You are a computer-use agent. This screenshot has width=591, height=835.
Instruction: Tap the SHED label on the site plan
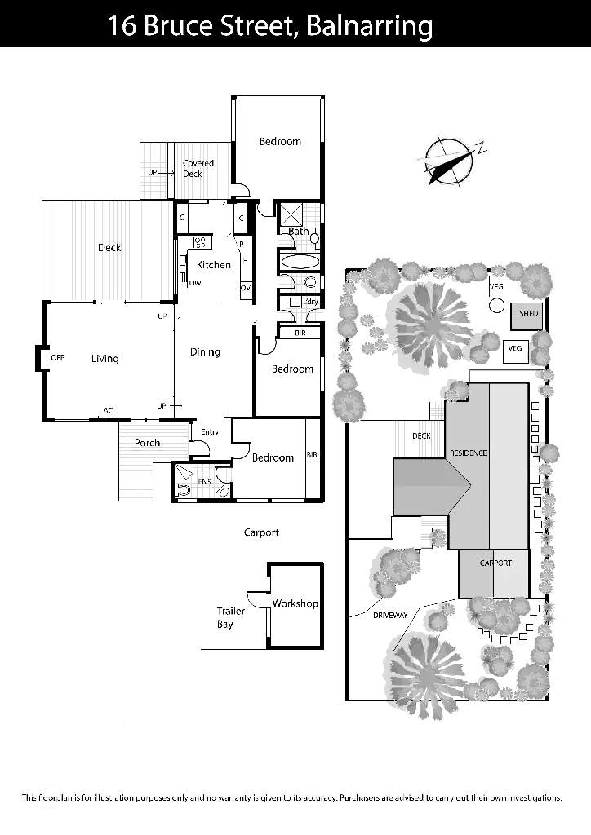pyautogui.click(x=528, y=314)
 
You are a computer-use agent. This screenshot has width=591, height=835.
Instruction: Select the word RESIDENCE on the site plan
pyautogui.click(x=468, y=453)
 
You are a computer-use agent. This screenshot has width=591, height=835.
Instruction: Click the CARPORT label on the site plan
pyautogui.click(x=495, y=563)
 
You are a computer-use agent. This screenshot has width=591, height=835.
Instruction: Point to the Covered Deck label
pyautogui.click(x=198, y=168)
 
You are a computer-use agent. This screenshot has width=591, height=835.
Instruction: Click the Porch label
pyautogui.click(x=148, y=443)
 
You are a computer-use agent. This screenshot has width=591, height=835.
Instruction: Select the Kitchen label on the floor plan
pyautogui.click(x=216, y=266)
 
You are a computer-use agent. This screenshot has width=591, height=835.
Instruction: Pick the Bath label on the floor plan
pyautogui.click(x=300, y=232)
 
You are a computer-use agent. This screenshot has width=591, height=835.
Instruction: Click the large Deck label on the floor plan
pyautogui.click(x=109, y=248)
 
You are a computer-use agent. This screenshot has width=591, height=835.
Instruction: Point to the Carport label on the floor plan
pyautogui.click(x=262, y=533)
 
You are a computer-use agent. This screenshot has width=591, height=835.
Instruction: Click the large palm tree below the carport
pyautogui.click(x=426, y=670)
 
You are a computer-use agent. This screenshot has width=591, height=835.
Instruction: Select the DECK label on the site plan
pyautogui.click(x=422, y=436)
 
